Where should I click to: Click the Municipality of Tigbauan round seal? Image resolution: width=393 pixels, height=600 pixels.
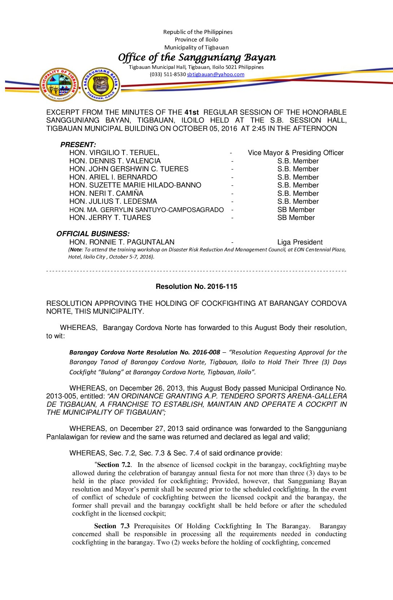coord(59,85)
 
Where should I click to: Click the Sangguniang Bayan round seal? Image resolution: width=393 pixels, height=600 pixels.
coord(101,85)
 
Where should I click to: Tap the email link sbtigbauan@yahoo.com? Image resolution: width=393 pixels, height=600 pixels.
coord(216,75)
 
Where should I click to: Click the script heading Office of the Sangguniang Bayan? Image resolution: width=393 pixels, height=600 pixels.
coord(197,57)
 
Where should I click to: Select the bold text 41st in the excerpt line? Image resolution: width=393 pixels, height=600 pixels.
coord(191,112)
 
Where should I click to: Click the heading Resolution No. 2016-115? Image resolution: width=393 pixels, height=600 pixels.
coord(196,287)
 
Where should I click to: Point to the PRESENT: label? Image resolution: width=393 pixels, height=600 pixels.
coord(78,145)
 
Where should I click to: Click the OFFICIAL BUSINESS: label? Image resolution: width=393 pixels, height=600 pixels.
coord(93,234)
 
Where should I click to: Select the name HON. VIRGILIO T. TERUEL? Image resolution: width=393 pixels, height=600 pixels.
coord(114,153)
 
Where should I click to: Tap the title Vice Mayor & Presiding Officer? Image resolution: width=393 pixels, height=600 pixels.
coord(295,153)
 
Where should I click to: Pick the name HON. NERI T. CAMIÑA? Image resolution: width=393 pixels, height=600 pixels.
coord(106,194)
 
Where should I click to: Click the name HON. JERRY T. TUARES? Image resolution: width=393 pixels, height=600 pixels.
coord(110,218)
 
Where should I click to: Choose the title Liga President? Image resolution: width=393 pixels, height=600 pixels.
coord(300,242)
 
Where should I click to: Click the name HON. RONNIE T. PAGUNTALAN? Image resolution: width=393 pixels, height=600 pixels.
coord(122,242)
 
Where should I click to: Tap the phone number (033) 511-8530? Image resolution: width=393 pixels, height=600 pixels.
coord(168,75)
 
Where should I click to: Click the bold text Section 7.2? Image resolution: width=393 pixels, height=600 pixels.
coord(114,465)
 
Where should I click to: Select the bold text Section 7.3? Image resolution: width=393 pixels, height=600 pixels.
coord(112,526)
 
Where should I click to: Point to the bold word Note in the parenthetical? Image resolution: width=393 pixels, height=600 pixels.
coord(76,250)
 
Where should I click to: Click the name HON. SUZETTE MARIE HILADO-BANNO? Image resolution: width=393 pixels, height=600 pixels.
coord(135,185)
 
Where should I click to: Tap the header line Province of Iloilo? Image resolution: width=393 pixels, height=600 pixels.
coord(196,40)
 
